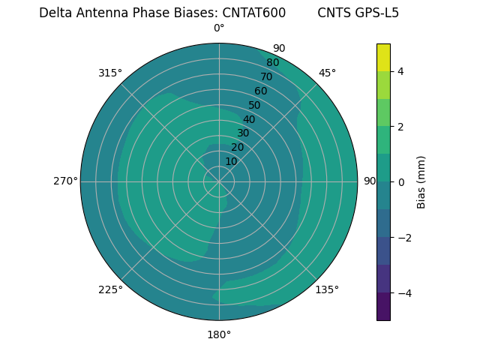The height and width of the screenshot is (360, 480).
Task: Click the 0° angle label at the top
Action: point(219,28)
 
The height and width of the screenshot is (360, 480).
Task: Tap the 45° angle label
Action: point(327,73)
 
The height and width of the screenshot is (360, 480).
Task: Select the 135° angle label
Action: point(327,289)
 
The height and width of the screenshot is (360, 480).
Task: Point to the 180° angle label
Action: point(219,334)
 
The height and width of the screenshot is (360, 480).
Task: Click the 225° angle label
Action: point(110,289)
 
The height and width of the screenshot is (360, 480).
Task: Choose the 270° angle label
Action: point(65,181)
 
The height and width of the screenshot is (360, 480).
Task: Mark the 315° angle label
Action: point(110,73)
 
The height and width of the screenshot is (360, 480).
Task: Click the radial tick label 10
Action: point(231,161)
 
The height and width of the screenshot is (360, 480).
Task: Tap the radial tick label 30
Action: point(243,133)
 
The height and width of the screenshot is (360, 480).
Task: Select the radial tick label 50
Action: point(254,105)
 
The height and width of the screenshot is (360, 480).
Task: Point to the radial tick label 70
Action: point(266,76)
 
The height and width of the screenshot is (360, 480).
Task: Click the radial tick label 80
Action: point(272,63)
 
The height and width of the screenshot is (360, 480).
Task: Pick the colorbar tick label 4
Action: point(400,71)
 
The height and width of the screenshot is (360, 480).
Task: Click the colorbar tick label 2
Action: point(400,127)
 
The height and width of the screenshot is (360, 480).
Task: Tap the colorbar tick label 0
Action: point(400,182)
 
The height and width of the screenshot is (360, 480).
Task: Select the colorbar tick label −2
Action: point(403,238)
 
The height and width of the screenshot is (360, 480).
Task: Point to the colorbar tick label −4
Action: point(403,293)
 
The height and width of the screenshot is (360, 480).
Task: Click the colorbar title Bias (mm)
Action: point(421,182)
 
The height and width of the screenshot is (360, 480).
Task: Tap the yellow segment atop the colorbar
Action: point(383,58)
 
